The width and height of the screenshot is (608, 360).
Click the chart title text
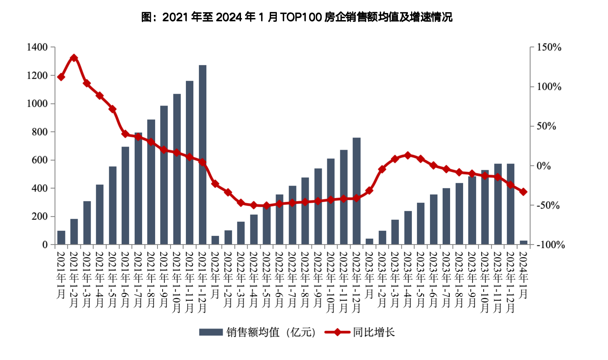[297, 17]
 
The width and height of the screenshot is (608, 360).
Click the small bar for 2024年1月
[523, 242]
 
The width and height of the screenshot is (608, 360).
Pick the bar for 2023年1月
[369, 241]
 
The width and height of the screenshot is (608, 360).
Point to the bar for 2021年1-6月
[125, 195]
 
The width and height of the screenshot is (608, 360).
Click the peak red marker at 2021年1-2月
[74, 58]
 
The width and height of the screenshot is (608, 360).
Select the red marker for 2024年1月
[523, 192]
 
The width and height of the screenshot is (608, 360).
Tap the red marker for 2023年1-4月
[408, 155]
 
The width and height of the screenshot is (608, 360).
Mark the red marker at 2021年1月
[61, 77]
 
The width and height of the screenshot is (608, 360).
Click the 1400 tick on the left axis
[37, 47]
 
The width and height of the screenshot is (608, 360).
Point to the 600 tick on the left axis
[39, 160]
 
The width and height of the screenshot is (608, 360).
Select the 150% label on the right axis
[549, 47]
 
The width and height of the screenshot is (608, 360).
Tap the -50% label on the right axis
[548, 205]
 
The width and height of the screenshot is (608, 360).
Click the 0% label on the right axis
[544, 166]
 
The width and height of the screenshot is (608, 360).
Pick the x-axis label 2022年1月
[215, 275]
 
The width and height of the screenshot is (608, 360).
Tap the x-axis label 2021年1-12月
[202, 282]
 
